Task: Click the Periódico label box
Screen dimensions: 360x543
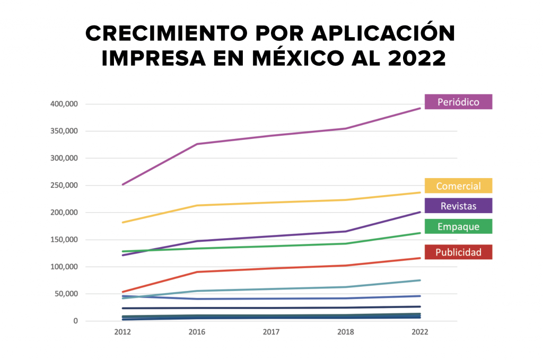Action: tap(458, 102)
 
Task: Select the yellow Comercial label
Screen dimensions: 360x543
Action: tap(458, 186)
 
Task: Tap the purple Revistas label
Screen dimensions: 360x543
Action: tap(458, 206)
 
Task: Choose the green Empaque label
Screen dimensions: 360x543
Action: tap(458, 226)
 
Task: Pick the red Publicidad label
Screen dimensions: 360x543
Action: tap(458, 252)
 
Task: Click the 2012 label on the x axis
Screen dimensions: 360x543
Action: tap(122, 332)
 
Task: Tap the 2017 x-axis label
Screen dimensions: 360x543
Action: tap(271, 332)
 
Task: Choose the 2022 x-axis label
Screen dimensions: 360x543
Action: tap(419, 332)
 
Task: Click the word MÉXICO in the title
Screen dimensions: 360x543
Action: tap(315, 58)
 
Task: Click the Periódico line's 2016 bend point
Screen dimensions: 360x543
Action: tap(197, 144)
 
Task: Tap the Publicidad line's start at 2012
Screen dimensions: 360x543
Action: tap(123, 292)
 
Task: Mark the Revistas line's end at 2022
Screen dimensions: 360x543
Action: tap(420, 212)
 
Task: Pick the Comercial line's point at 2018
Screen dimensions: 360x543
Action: tap(346, 200)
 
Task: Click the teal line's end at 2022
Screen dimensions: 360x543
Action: tap(420, 280)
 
